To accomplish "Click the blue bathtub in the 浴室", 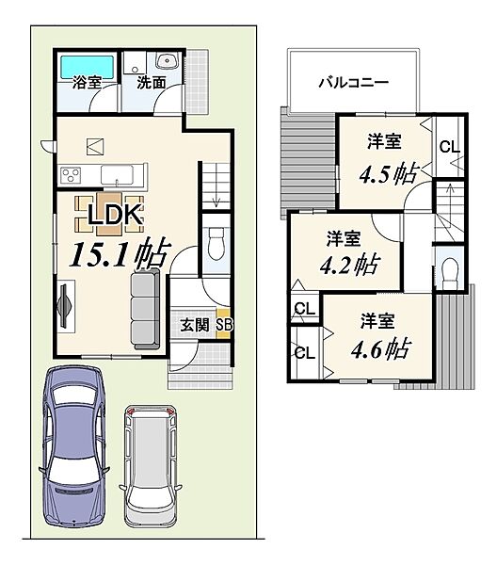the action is click(x=87, y=67).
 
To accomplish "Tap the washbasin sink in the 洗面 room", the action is click(x=168, y=60).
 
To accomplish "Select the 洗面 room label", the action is click(x=152, y=83).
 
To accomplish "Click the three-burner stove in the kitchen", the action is click(x=71, y=175).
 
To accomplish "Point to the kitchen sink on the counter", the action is click(x=117, y=175).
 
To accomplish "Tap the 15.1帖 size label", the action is click(x=120, y=253).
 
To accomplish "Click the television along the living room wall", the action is click(x=65, y=306).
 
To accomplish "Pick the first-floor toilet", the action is click(x=216, y=243).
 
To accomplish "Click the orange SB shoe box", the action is click(x=224, y=324).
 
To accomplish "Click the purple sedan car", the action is click(x=73, y=447).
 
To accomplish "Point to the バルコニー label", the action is click(x=354, y=83).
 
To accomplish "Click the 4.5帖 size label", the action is click(x=389, y=174).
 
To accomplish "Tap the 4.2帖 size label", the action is click(x=349, y=266).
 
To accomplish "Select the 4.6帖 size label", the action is click(x=380, y=348).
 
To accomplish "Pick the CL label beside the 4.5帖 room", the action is click(x=450, y=147).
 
